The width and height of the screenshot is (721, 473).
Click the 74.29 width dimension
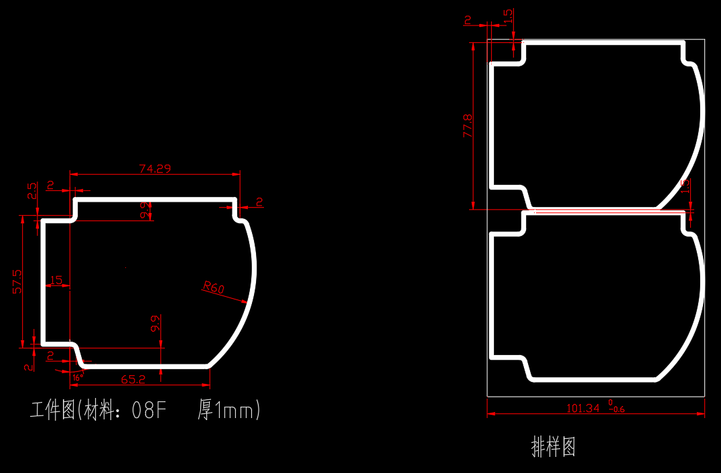point(155,169)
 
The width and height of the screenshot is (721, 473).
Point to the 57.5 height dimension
point(18,281)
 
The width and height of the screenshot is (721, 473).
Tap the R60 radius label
point(213,288)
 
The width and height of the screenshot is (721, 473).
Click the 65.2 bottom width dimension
point(133,379)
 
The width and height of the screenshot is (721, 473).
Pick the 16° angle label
point(76,378)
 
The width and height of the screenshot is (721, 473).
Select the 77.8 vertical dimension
point(468,126)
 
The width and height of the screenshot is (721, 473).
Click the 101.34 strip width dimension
point(583,407)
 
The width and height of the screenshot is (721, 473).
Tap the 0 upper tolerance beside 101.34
point(610,403)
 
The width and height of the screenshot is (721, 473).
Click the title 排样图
point(553,446)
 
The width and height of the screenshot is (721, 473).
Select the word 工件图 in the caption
point(52,410)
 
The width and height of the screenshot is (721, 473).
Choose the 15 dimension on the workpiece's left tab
point(56,280)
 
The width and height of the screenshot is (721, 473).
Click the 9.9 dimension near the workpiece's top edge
point(144,210)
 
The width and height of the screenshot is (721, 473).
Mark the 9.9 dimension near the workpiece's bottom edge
point(155,324)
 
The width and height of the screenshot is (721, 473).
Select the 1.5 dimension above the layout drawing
point(508,15)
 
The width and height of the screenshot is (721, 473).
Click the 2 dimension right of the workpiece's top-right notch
point(259,201)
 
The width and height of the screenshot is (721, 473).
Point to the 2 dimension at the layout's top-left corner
point(468,20)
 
